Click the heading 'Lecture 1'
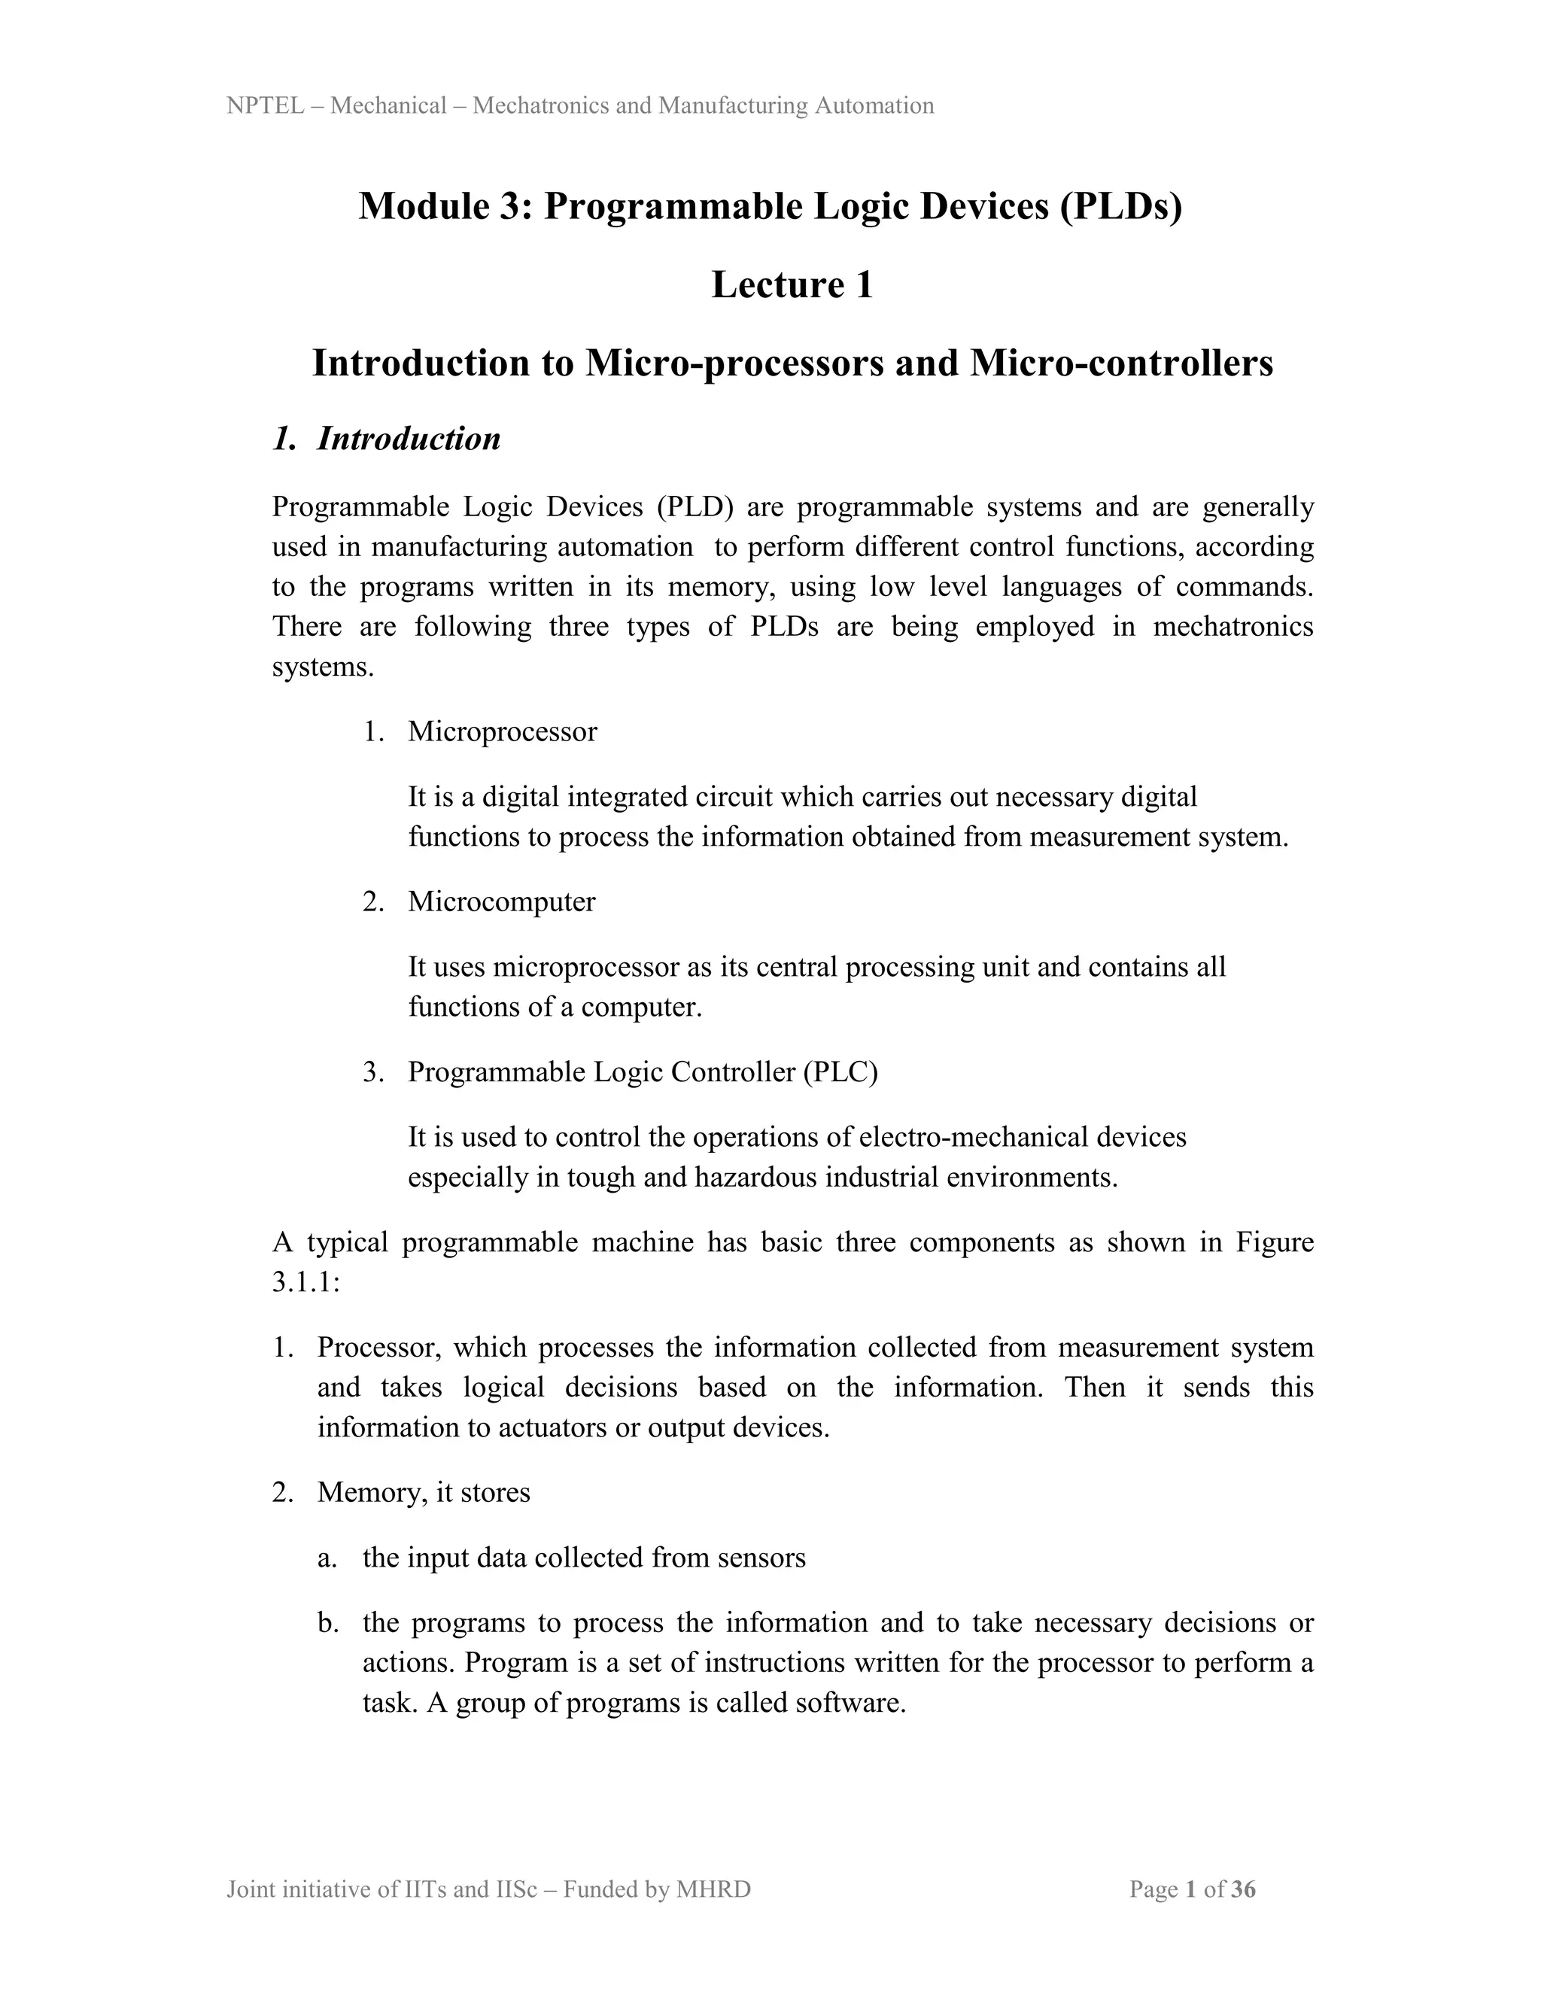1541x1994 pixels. point(792,285)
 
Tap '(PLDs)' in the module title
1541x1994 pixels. point(1120,206)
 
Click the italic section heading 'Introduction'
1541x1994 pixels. point(408,439)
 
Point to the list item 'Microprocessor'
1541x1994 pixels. point(502,731)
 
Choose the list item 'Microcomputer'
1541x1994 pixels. point(501,901)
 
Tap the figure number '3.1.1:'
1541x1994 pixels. point(305,1282)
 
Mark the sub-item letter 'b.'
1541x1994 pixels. point(328,1622)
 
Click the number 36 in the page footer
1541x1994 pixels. point(1243,1889)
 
